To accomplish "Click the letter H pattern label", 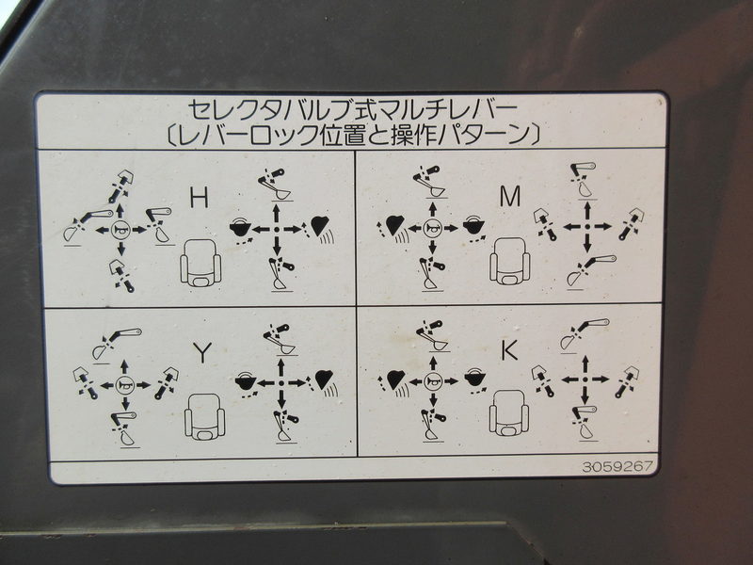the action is (x=200, y=198).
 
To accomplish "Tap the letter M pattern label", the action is (x=510, y=196).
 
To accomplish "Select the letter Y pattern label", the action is (x=203, y=353).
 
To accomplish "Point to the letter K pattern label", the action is (x=509, y=350).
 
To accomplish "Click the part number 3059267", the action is (x=617, y=466).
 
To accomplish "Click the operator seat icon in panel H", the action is (x=200, y=263).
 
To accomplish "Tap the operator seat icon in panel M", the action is (x=509, y=262).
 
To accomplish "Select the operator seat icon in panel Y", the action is (x=205, y=416).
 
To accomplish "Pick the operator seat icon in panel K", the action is (x=509, y=413).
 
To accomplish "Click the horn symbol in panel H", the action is (x=120, y=231).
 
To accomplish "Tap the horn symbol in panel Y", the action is (x=124, y=384).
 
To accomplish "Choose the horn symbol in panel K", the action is (x=432, y=381).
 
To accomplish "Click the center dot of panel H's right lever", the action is (x=276, y=230).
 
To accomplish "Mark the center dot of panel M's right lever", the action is (x=586, y=226).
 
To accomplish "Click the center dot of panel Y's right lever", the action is (x=280, y=383).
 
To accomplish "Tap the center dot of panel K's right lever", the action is (x=585, y=379).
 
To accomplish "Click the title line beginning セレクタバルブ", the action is (x=352, y=110).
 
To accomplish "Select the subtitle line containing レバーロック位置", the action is (x=352, y=135).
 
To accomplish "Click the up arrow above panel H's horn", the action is (x=120, y=213).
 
